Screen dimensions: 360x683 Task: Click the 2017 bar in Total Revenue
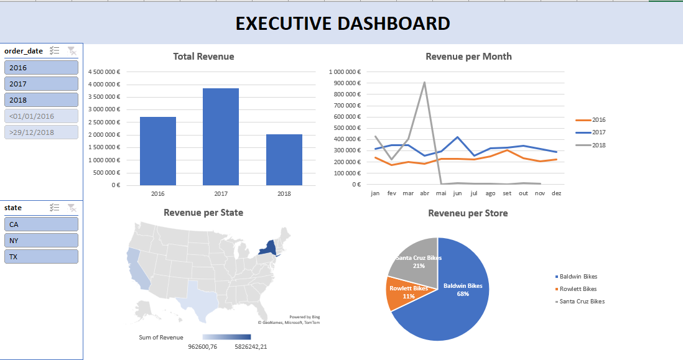tap(220, 137)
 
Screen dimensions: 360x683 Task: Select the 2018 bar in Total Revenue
tap(284, 160)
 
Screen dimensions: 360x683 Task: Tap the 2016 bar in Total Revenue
tap(157, 151)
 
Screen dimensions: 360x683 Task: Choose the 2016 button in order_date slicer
tap(41, 68)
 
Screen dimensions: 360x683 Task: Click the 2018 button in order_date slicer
tap(41, 100)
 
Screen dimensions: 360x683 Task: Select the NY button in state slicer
tap(41, 241)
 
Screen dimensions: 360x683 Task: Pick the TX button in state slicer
tap(41, 257)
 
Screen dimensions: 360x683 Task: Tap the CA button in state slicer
tap(41, 224)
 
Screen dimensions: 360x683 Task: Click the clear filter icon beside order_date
tap(72, 51)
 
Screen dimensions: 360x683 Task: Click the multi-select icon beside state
tap(54, 208)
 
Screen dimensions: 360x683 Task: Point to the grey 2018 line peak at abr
tap(424, 82)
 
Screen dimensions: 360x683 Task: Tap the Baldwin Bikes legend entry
tap(578, 277)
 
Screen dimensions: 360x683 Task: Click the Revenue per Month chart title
tap(468, 57)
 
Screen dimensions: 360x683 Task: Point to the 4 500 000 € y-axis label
tap(104, 72)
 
